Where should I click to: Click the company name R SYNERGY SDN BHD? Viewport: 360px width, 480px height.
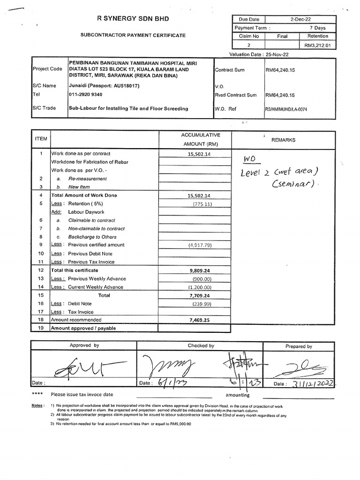(133, 19)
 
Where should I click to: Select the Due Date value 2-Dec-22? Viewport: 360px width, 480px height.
(300, 20)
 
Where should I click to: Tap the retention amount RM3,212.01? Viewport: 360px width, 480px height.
(317, 45)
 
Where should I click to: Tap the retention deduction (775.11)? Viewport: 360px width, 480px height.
(202, 204)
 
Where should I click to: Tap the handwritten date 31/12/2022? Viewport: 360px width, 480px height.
(310, 383)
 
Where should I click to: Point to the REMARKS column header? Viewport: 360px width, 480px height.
(283, 140)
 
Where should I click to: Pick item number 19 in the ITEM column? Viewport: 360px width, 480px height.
(41, 328)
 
